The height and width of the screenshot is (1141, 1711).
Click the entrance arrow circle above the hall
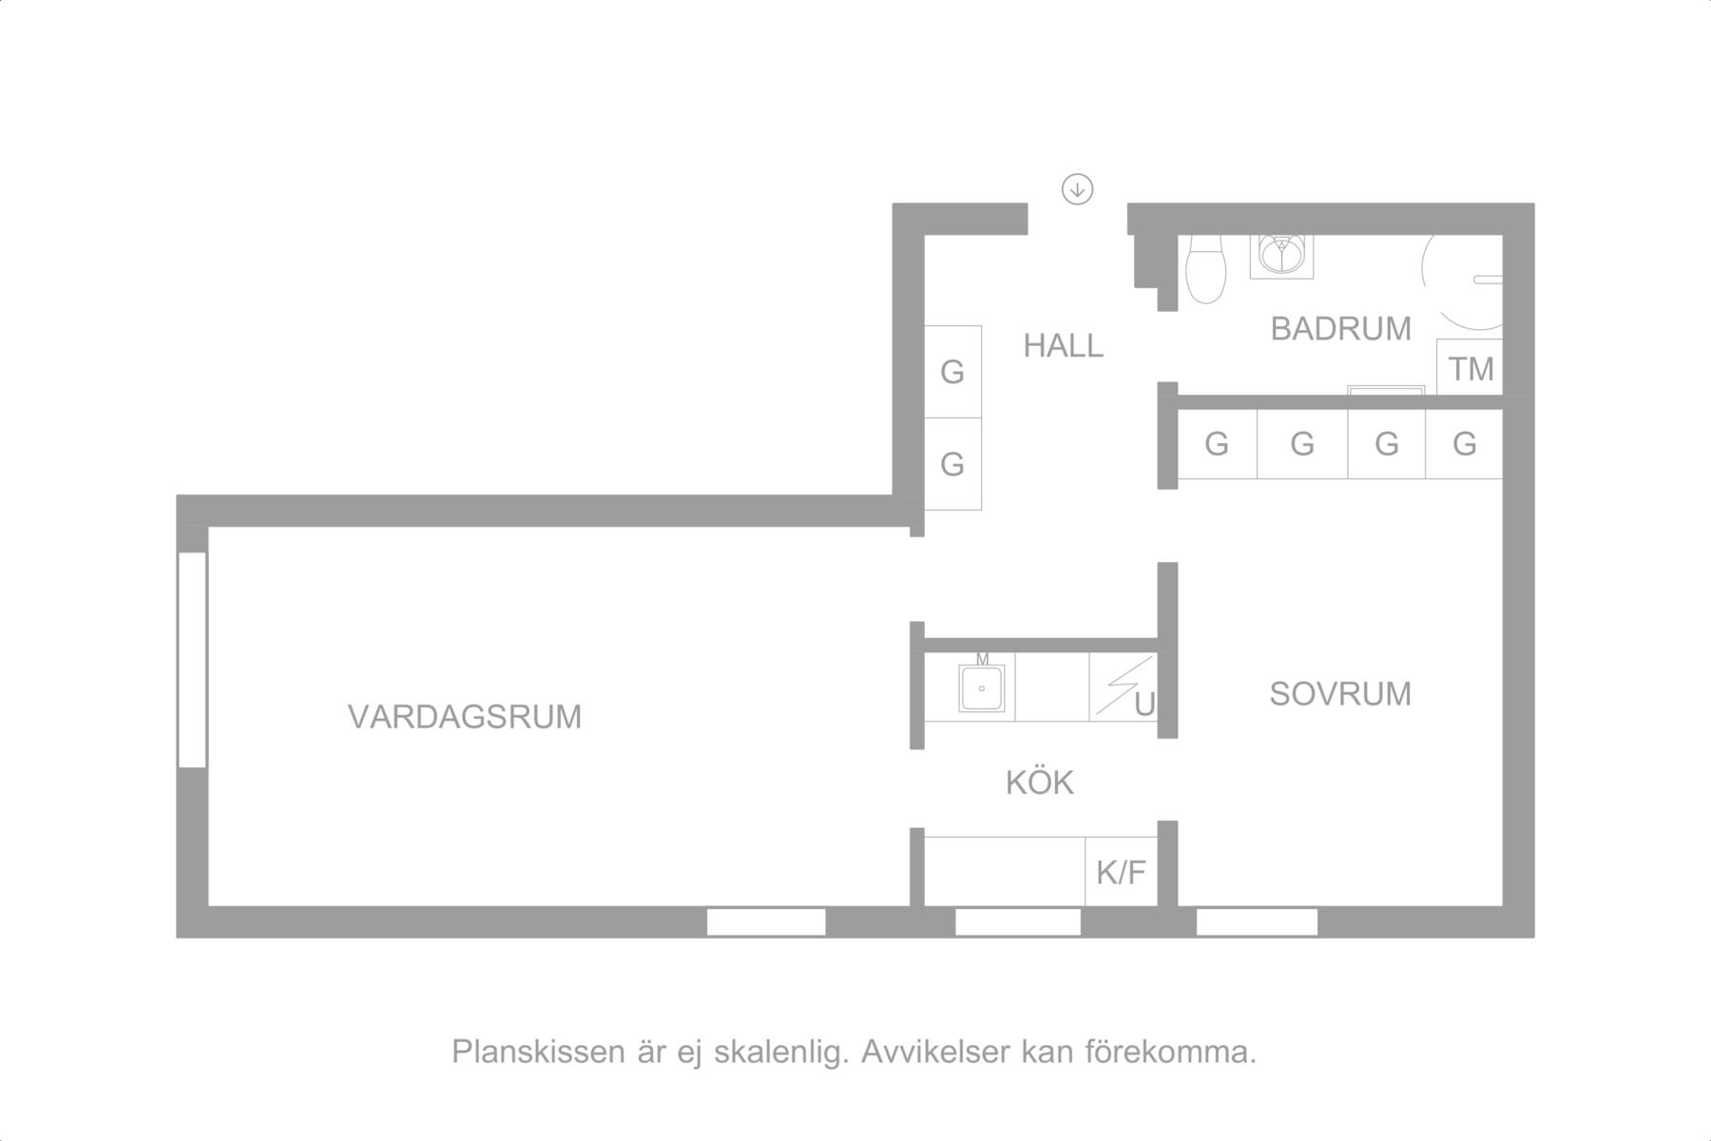[x=1077, y=189]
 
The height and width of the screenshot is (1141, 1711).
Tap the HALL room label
[x=1063, y=346]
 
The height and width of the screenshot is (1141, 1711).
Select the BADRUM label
[x=1340, y=329]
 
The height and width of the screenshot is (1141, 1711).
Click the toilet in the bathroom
[x=1206, y=269]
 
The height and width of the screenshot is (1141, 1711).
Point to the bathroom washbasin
[x=1282, y=254]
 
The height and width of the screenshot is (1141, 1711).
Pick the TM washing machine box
[x=1470, y=367]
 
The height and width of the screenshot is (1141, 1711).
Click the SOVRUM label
[x=1340, y=694]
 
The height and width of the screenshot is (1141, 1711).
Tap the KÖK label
[x=1040, y=783]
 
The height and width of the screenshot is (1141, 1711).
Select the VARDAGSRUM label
[x=465, y=717]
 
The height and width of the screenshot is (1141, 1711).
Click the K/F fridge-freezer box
[x=1122, y=871]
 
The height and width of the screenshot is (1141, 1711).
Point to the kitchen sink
[x=982, y=687]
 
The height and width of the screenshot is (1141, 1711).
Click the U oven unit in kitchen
[x=1124, y=687]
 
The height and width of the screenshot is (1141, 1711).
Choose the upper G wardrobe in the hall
[x=952, y=372]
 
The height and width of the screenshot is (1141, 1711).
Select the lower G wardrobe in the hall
[x=952, y=464]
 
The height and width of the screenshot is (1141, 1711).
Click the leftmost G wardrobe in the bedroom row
[x=1218, y=444]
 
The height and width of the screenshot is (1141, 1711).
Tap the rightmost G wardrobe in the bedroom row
[x=1464, y=444]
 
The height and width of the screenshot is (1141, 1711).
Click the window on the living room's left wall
[x=193, y=660]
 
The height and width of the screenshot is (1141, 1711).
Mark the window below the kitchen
[x=1018, y=922]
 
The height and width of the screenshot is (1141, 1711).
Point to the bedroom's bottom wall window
[x=1257, y=922]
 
